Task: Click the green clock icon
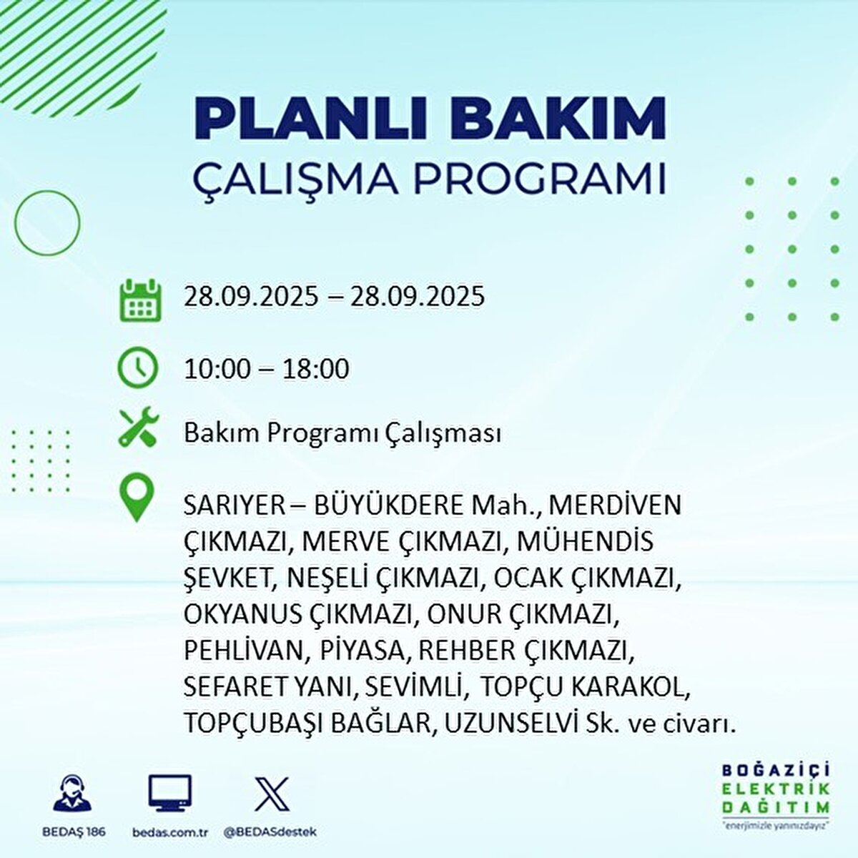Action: [137, 368]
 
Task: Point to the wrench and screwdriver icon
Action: [138, 428]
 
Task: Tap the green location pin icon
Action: [137, 498]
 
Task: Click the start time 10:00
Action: [217, 369]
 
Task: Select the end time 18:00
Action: [315, 369]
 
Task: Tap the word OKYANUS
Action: [242, 614]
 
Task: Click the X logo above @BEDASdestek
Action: [272, 794]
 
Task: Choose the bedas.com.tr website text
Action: [170, 832]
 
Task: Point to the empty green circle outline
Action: [47, 222]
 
